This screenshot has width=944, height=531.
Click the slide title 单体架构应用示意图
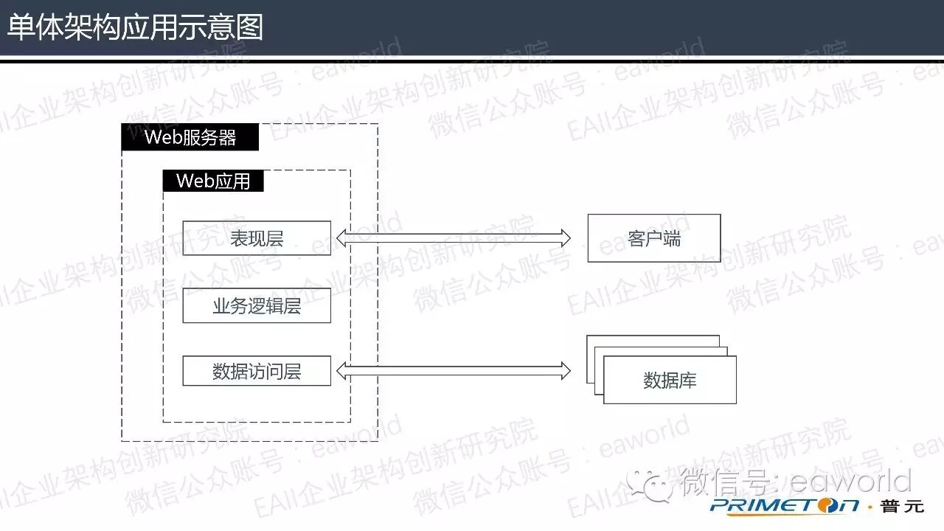click(135, 27)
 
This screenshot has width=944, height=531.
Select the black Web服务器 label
click(190, 137)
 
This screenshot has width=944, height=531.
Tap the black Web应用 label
click(213, 181)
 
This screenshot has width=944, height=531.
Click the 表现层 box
click(257, 238)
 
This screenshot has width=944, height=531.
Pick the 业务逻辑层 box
click(257, 305)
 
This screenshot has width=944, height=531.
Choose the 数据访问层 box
click(257, 371)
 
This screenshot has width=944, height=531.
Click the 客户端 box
click(653, 238)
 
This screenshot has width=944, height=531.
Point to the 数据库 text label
click(670, 381)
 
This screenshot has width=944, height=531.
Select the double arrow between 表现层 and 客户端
click(454, 237)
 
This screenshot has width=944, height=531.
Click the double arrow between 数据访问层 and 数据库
click(454, 371)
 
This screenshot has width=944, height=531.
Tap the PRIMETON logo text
click(785, 506)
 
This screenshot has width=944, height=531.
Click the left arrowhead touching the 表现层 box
click(342, 237)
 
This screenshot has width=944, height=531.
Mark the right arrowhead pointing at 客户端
click(565, 237)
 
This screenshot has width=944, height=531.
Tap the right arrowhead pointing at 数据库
click(565, 371)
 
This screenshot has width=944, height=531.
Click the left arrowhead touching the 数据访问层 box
click(342, 371)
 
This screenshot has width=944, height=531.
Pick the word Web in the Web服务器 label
click(160, 137)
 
